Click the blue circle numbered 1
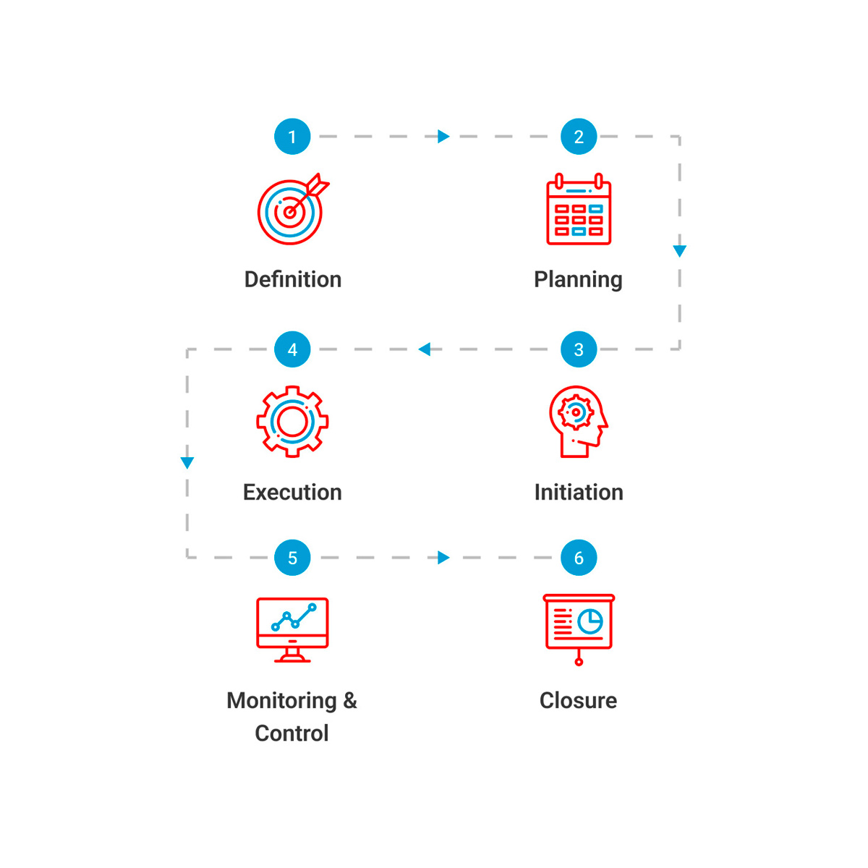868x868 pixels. point(292,137)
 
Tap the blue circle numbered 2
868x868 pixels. point(579,137)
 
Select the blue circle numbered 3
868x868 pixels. point(579,349)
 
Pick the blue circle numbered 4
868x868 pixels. point(292,349)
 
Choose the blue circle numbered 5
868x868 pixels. point(292,558)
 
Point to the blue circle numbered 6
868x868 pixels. point(579,558)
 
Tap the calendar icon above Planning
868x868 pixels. point(579,209)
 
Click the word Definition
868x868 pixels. point(293,279)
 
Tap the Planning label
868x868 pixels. point(579,280)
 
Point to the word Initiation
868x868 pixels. point(579,492)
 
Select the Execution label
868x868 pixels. point(292,492)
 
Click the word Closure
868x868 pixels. point(579,700)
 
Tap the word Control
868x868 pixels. point(292,733)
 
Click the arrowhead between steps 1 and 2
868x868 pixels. point(443,137)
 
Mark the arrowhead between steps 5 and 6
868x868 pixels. point(443,558)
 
